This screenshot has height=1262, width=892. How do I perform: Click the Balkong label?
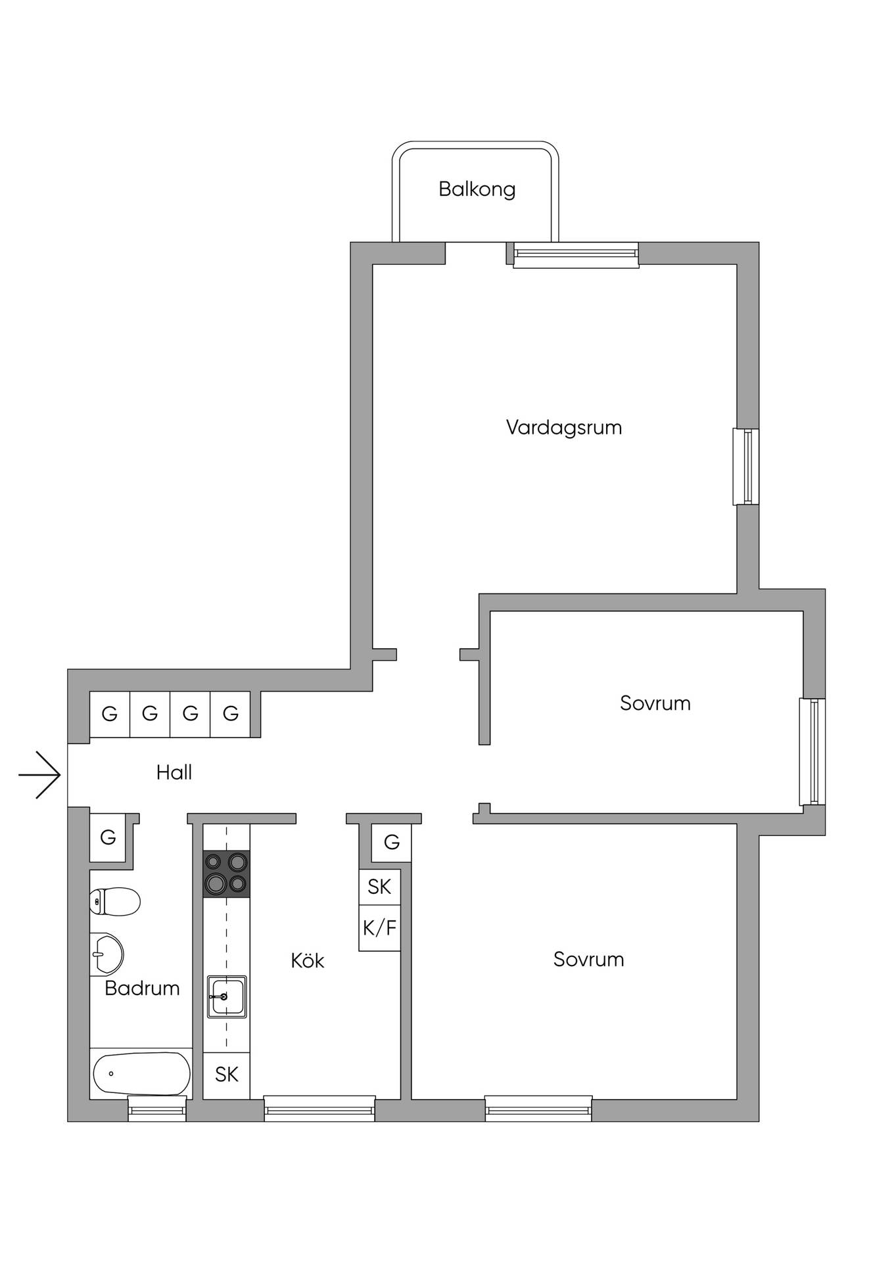tap(477, 189)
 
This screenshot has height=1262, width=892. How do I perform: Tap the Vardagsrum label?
tap(564, 428)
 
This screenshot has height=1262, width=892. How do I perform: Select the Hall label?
tap(174, 772)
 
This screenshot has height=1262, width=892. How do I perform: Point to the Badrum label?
tap(142, 988)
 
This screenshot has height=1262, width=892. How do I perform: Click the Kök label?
tap(308, 960)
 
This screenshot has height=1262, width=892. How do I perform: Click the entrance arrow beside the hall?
tap(39, 775)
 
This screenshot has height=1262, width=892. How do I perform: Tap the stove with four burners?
tap(226, 874)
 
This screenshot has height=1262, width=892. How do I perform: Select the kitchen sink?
tap(227, 996)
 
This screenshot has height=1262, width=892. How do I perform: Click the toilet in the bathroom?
tap(115, 901)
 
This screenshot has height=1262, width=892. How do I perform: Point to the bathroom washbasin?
tap(106, 954)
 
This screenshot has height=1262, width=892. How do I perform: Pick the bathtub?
tap(141, 1073)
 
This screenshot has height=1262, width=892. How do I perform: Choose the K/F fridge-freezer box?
tap(380, 928)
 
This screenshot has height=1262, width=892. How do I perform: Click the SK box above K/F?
tap(380, 887)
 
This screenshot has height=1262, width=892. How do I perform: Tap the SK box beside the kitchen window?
tap(227, 1075)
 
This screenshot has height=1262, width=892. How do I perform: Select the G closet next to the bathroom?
tap(108, 837)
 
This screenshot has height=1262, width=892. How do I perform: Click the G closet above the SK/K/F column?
tap(392, 842)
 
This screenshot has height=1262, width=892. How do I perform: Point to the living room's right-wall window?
tap(746, 467)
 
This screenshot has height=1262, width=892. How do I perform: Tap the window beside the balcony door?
tap(576, 255)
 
